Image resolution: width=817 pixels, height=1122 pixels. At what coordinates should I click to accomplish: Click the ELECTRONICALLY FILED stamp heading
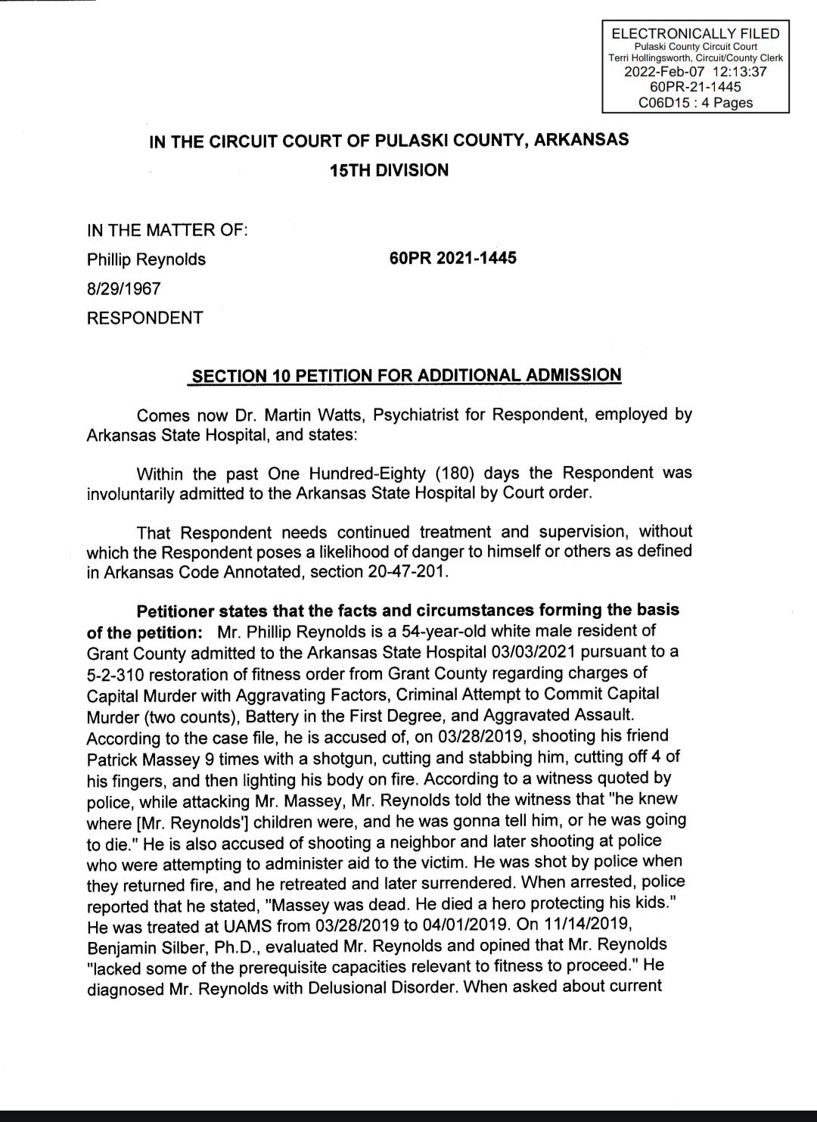[695, 33]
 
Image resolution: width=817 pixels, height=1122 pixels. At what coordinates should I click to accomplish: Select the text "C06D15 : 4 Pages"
[695, 102]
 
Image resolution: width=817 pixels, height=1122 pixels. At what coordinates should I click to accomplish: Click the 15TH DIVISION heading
[389, 170]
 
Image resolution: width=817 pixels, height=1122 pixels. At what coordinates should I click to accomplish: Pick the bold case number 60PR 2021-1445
[453, 258]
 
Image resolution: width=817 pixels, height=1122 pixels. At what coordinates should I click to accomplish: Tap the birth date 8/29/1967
[123, 288]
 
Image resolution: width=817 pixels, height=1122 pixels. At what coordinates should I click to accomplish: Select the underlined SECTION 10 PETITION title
[406, 376]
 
